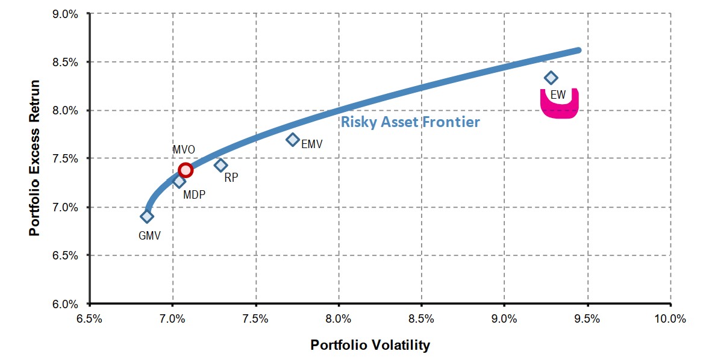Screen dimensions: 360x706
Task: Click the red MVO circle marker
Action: pos(186,170)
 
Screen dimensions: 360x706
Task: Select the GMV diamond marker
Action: pos(147,216)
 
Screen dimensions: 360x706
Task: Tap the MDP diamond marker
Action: pos(179,181)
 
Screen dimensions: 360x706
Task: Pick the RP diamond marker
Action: pos(221,165)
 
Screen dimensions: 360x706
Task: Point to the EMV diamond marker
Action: pos(293,139)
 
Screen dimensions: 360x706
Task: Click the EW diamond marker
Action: pos(551,78)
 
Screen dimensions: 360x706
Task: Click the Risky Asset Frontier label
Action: pos(410,122)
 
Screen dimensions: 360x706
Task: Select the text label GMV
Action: pos(149,236)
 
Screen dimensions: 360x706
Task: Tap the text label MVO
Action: pos(183,149)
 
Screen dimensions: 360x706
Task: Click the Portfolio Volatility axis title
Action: pos(370,345)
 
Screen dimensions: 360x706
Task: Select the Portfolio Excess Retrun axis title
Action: pos(34,158)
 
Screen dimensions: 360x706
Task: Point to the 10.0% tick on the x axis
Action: pos(670,319)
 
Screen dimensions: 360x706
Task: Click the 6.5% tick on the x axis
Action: pos(90,319)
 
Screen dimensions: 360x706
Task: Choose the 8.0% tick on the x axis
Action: pos(339,319)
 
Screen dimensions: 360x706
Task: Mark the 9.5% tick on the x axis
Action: pos(587,319)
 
